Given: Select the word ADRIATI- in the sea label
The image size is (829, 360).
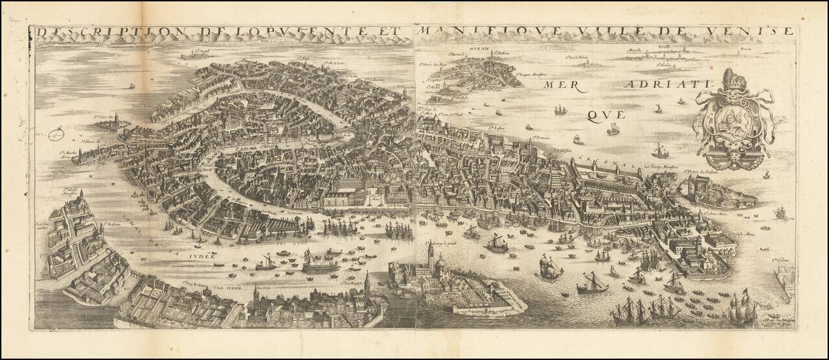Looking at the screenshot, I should click(657, 85).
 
